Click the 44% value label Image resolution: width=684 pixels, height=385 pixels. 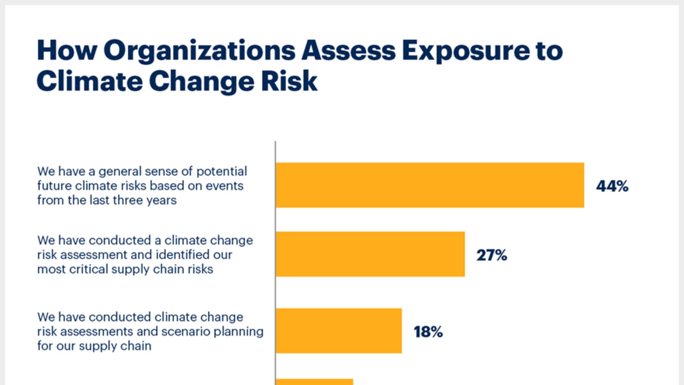click(x=612, y=186)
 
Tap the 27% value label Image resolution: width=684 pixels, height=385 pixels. click(x=492, y=255)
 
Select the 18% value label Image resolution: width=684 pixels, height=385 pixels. click(x=428, y=332)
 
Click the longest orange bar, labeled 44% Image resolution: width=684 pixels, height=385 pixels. click(x=430, y=185)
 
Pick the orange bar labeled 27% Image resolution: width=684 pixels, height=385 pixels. click(x=370, y=254)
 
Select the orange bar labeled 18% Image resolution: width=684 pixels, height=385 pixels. click(x=338, y=331)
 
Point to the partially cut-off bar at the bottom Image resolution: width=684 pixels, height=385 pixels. click(x=314, y=382)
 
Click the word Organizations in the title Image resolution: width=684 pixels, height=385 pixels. click(x=199, y=51)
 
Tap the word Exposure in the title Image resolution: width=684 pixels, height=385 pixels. click(x=466, y=51)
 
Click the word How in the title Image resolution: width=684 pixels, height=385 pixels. click(x=67, y=50)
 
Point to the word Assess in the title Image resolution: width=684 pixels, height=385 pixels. click(x=349, y=51)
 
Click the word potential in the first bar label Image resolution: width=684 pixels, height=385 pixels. click(x=222, y=172)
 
